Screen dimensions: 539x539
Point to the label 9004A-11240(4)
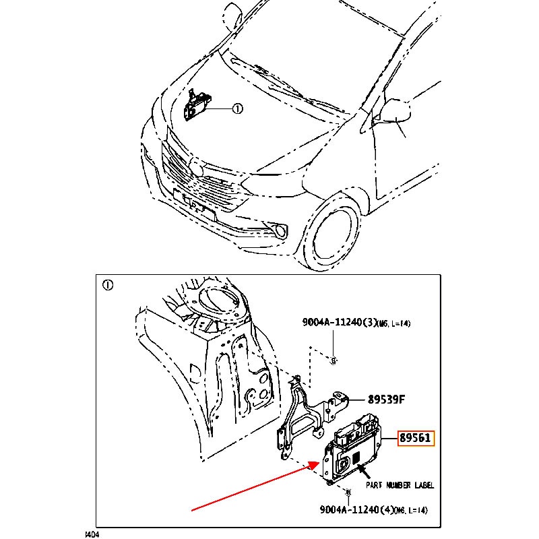point(355,510)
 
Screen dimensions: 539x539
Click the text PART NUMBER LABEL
point(400,485)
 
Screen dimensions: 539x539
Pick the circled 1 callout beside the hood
point(237,108)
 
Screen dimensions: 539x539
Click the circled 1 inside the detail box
point(107,285)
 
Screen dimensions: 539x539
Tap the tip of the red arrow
point(319,463)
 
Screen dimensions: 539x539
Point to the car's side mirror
point(395,110)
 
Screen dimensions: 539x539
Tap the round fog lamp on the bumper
point(278,232)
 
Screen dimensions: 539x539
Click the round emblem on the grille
point(195,166)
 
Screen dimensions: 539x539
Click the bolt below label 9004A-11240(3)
point(334,360)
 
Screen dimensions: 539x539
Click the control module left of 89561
point(350,451)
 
